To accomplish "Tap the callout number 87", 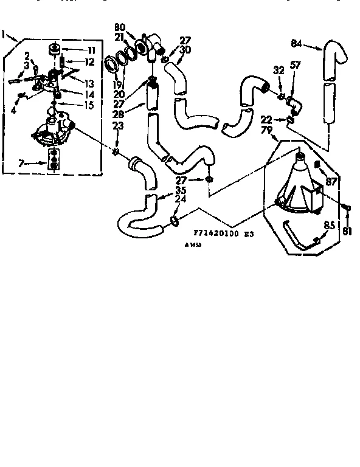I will click(331, 181).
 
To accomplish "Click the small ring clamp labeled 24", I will click(173, 220).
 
